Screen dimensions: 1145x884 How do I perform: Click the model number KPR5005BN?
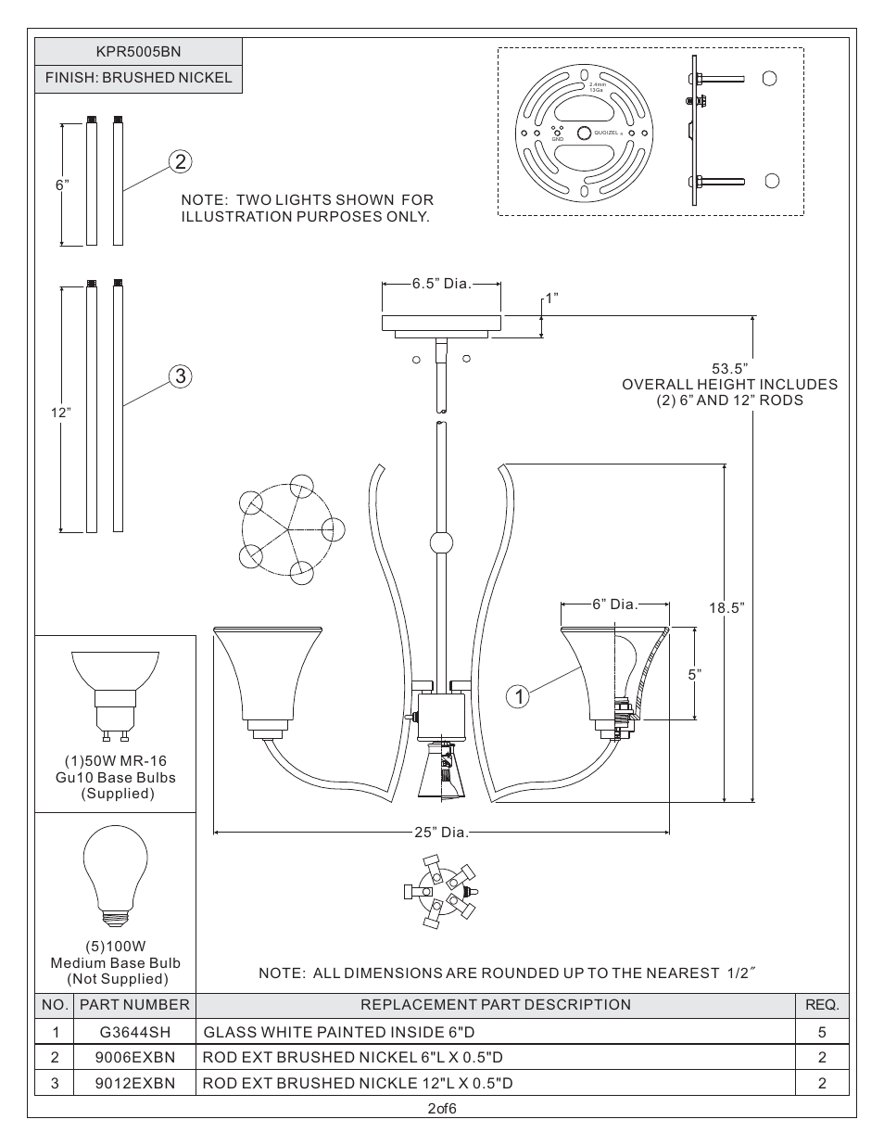(x=139, y=52)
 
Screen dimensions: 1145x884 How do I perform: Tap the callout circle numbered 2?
(x=180, y=161)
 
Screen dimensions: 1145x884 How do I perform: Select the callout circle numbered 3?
(x=180, y=375)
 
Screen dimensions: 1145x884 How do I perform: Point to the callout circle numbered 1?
(x=519, y=694)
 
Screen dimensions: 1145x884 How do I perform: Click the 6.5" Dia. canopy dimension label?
(x=442, y=284)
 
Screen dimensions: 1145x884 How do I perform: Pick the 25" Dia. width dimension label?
(x=441, y=833)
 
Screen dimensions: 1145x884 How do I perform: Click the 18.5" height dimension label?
(x=726, y=608)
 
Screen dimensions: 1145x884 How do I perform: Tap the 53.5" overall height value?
(x=729, y=369)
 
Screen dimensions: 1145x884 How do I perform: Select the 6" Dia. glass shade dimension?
(x=615, y=604)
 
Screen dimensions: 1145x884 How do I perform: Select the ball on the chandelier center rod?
(x=442, y=542)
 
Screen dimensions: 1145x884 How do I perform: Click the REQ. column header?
(x=821, y=1005)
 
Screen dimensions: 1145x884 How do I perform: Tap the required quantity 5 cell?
(x=821, y=1032)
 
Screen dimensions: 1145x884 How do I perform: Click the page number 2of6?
(x=442, y=1109)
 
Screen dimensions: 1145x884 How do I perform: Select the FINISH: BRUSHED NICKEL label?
(x=139, y=78)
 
